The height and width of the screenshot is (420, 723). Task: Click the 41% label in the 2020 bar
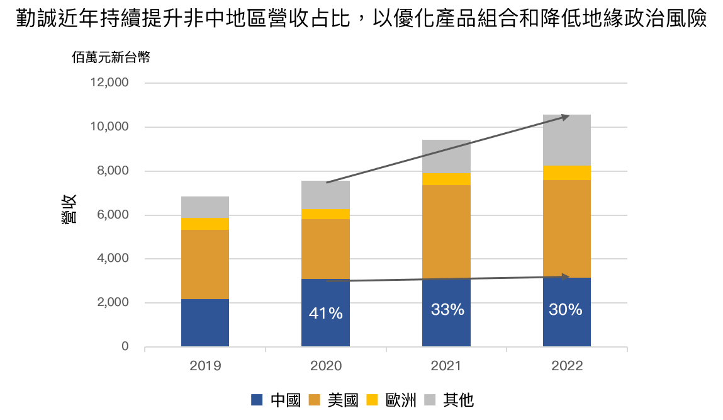pos(325,313)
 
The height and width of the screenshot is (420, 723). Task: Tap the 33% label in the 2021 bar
pos(447,309)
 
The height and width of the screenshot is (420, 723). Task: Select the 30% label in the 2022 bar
pos(566,309)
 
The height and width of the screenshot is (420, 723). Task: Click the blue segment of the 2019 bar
pos(205,322)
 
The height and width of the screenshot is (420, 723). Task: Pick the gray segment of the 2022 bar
pos(566,140)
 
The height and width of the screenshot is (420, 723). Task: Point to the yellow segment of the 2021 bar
pos(446,179)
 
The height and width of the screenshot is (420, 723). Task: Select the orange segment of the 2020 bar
pos(325,249)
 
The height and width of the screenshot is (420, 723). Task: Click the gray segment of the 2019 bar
pos(205,207)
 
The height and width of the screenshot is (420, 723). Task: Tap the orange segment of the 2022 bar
pos(566,229)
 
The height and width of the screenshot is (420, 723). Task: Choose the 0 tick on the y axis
pos(125,347)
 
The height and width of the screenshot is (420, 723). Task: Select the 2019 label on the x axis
pos(205,366)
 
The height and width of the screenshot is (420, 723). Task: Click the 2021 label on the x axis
pos(446,366)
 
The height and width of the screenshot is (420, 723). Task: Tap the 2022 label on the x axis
pos(566,366)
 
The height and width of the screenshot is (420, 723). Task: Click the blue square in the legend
pos(257,400)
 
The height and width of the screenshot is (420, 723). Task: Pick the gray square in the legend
pos(430,400)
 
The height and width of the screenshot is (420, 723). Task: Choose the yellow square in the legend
pos(372,400)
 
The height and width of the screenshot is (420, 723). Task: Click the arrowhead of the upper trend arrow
pos(566,116)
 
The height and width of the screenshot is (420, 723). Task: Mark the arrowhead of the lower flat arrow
pos(567,276)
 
